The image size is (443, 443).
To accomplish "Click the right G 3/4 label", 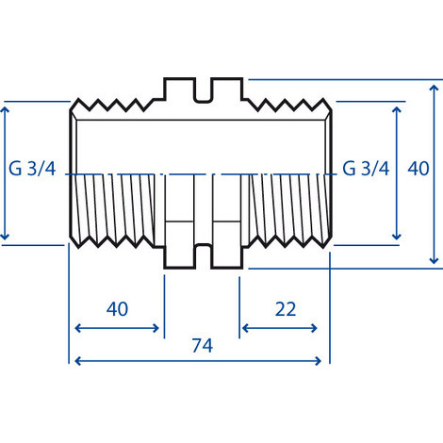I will click(366, 170).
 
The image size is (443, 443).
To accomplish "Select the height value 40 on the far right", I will click(418, 170).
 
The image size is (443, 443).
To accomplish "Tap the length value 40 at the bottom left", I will click(117, 309).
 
